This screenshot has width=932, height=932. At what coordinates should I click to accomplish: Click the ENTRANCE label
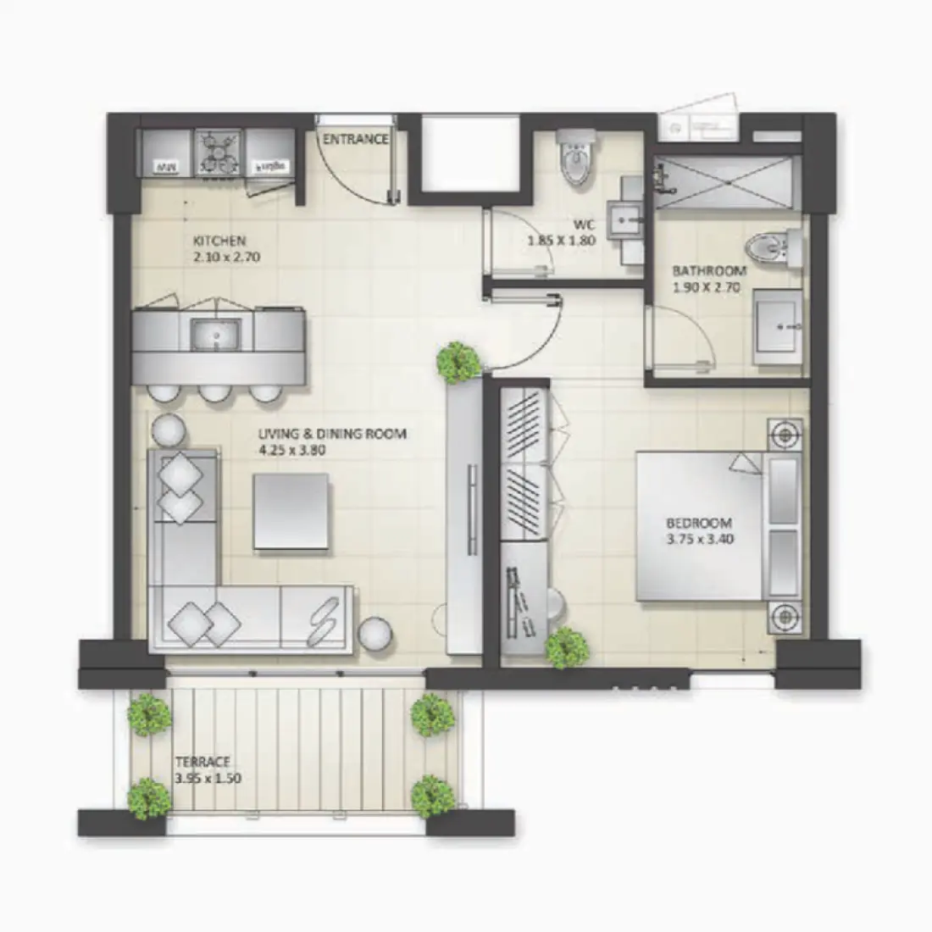(x=355, y=139)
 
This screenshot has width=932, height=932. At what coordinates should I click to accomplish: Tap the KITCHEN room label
(x=219, y=241)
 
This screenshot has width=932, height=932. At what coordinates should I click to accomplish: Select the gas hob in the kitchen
(x=219, y=153)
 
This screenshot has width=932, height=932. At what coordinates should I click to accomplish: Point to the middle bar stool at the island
(x=215, y=393)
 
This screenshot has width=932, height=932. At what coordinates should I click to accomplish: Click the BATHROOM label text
(x=709, y=271)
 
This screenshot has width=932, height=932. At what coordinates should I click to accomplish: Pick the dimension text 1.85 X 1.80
(x=561, y=241)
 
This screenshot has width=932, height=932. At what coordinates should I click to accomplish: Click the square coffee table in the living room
(x=291, y=511)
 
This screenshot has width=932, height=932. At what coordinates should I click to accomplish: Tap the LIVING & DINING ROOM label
(x=332, y=434)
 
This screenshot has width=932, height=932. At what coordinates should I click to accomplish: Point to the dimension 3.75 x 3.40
(x=699, y=539)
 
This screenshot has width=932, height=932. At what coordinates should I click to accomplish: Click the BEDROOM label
(x=699, y=524)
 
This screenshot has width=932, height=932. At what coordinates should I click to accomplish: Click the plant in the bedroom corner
(x=567, y=648)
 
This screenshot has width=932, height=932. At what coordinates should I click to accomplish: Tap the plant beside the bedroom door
(x=458, y=362)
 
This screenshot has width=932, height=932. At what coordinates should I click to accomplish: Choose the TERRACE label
(x=202, y=763)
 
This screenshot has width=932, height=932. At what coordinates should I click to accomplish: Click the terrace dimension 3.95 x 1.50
(x=208, y=779)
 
